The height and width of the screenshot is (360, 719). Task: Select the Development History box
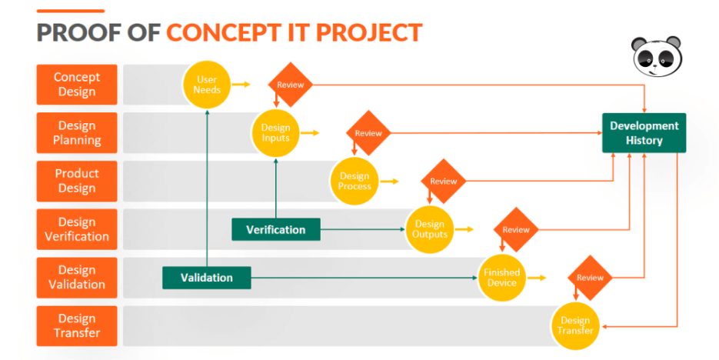point(644,133)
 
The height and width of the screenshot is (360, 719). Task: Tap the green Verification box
point(275,229)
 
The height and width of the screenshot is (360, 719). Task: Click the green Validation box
point(206,277)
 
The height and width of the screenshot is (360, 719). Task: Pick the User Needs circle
point(207,85)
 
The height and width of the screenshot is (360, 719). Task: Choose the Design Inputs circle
point(275,133)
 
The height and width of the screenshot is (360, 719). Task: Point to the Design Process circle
point(355,182)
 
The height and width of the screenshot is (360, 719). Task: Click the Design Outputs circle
point(430,229)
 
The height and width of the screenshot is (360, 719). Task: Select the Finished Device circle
point(501,278)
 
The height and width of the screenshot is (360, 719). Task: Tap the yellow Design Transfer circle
point(575,325)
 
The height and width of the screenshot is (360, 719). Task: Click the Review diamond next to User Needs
point(291,85)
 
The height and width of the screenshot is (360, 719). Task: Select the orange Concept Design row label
point(76,85)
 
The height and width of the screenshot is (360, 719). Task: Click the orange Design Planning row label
point(76,133)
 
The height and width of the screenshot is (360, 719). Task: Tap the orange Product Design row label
point(76,181)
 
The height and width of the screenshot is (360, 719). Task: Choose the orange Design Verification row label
point(76,229)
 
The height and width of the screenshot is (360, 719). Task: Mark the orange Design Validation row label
point(76,277)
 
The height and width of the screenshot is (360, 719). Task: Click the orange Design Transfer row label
point(76,325)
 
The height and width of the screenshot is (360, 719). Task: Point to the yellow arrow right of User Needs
point(241,85)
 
